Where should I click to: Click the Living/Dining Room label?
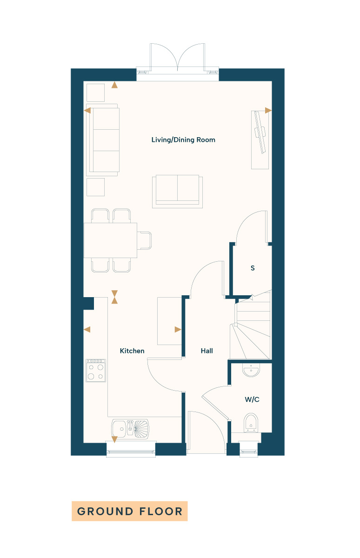tap(183, 140)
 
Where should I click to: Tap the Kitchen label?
tap(132, 351)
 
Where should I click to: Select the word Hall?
tap(207, 351)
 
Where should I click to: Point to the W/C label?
tap(252, 399)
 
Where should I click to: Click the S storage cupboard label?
tap(253, 268)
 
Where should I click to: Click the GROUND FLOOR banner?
tap(130, 511)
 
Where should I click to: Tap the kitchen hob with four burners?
tap(96, 371)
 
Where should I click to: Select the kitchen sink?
tap(130, 428)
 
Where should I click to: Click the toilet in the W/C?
tap(251, 423)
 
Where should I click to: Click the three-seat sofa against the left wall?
tap(103, 140)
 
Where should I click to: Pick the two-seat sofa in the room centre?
tap(177, 191)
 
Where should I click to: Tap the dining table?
tap(110, 240)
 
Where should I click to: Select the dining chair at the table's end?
tap(144, 240)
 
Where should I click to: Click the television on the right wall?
tap(260, 132)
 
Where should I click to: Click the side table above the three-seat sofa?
tap(95, 93)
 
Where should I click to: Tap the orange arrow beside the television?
tap(268, 110)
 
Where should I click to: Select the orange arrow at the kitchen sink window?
tap(114, 439)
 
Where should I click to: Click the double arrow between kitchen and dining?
tap(114, 297)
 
